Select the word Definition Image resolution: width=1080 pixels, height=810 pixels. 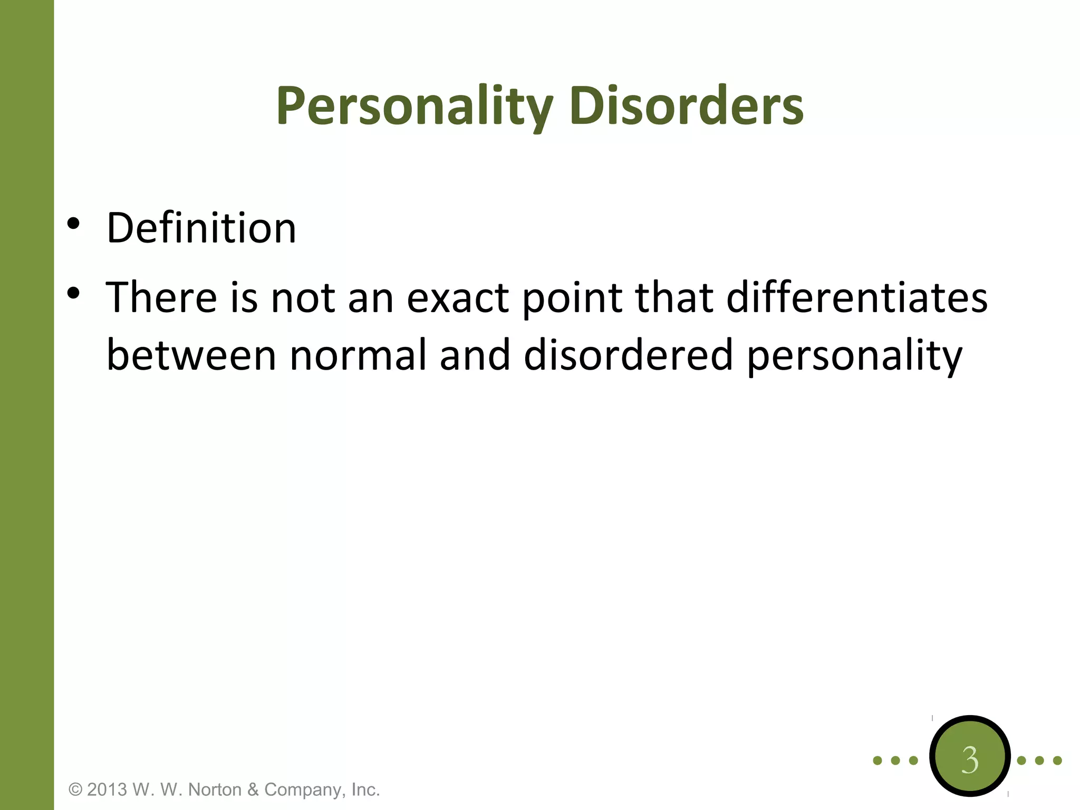tap(201, 228)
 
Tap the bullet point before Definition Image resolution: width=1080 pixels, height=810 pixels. tap(73, 224)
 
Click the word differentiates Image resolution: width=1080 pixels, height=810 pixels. tap(856, 297)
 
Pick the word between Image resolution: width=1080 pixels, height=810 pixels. tap(191, 355)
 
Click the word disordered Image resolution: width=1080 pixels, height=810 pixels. tap(628, 355)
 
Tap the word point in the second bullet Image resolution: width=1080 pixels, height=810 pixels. tap(572, 298)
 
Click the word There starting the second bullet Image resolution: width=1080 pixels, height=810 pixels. tap(161, 297)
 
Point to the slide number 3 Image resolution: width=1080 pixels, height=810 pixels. tap(969, 760)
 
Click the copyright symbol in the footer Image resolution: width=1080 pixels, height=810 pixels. tap(76, 790)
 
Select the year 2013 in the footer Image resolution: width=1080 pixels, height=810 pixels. tap(107, 790)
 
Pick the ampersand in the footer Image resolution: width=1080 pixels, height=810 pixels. tap(253, 790)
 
